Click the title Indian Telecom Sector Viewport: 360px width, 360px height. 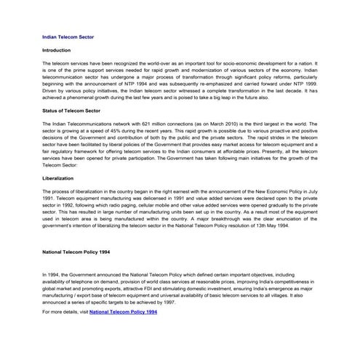tap(65, 34)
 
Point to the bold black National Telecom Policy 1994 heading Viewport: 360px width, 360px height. tap(76, 252)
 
